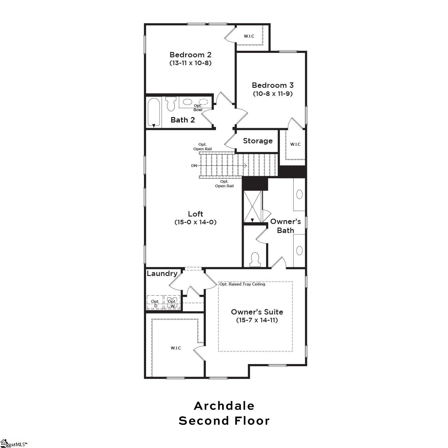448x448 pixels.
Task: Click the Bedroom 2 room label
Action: [x=190, y=55]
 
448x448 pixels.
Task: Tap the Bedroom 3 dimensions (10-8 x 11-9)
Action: [x=273, y=93]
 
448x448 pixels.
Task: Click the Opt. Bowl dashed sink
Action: [x=203, y=102]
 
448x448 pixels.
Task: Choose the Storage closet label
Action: [x=258, y=141]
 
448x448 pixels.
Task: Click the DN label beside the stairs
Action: [x=194, y=166]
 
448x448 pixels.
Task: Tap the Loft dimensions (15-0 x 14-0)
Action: [x=195, y=222]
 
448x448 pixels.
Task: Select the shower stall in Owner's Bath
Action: [x=252, y=206]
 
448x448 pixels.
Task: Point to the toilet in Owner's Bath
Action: [x=255, y=260]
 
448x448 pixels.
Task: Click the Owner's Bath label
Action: [x=286, y=226]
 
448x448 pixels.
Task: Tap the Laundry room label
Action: [x=162, y=273]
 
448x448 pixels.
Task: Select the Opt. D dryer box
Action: [x=155, y=303]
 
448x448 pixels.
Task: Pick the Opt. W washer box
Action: [x=172, y=303]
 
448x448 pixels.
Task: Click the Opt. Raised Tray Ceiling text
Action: [x=242, y=284]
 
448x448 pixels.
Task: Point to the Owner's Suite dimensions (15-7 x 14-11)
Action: [x=257, y=320]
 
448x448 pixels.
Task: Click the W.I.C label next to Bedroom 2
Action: [x=249, y=36]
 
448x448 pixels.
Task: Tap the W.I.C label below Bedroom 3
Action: [x=295, y=144]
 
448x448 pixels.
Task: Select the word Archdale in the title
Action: [x=224, y=406]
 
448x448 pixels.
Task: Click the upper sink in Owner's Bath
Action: [x=299, y=194]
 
